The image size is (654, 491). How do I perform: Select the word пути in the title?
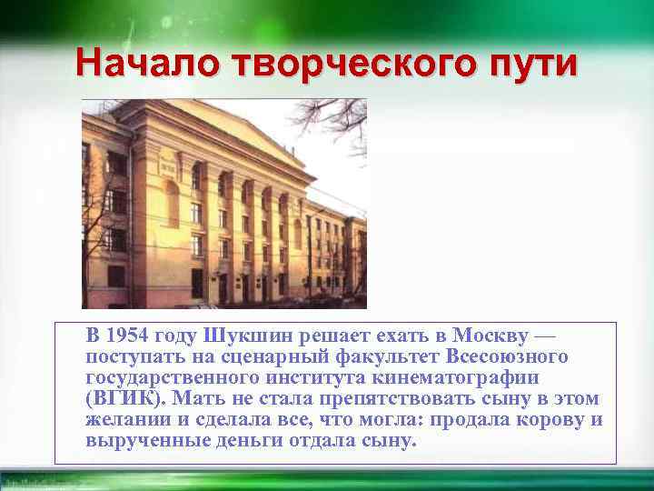[534, 63]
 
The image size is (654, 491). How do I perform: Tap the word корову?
[547, 419]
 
